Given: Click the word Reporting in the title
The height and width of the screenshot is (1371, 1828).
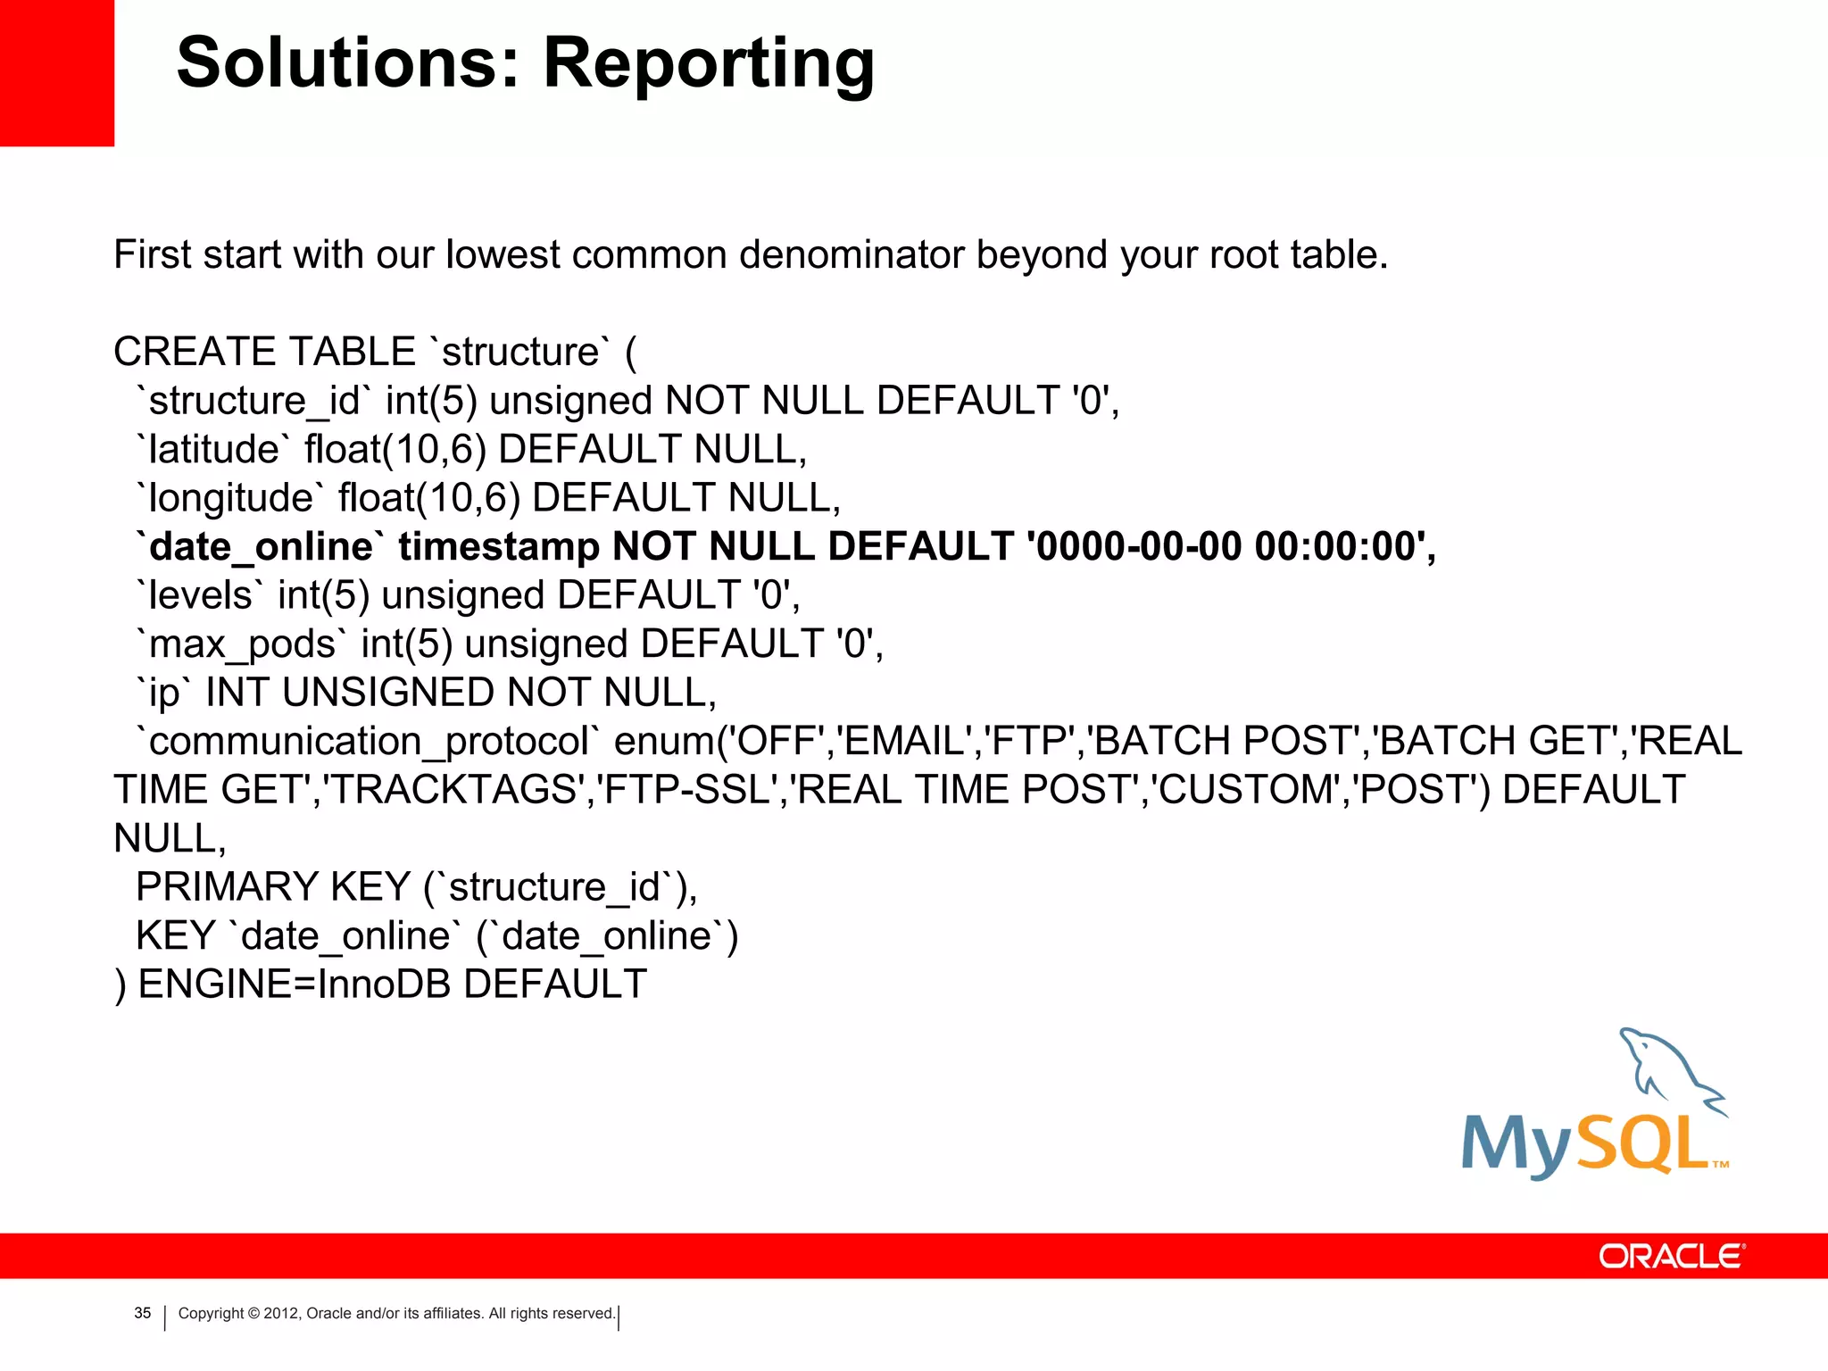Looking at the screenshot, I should click(709, 64).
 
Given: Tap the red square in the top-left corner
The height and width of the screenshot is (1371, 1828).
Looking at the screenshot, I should click(56, 71).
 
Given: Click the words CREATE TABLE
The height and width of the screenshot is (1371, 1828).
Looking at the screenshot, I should click(264, 352).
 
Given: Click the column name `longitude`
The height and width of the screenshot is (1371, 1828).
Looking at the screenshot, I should click(230, 498).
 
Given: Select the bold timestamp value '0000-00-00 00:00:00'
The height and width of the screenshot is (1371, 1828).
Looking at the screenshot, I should click(1232, 546).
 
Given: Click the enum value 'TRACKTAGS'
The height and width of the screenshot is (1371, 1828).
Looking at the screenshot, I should click(455, 790).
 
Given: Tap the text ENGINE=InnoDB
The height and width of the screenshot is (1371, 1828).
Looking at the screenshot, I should click(295, 985).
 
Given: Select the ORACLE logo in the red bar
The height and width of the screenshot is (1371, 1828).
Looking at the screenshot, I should click(1671, 1256).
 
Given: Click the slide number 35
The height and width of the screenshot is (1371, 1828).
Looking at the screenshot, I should click(143, 1313).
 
